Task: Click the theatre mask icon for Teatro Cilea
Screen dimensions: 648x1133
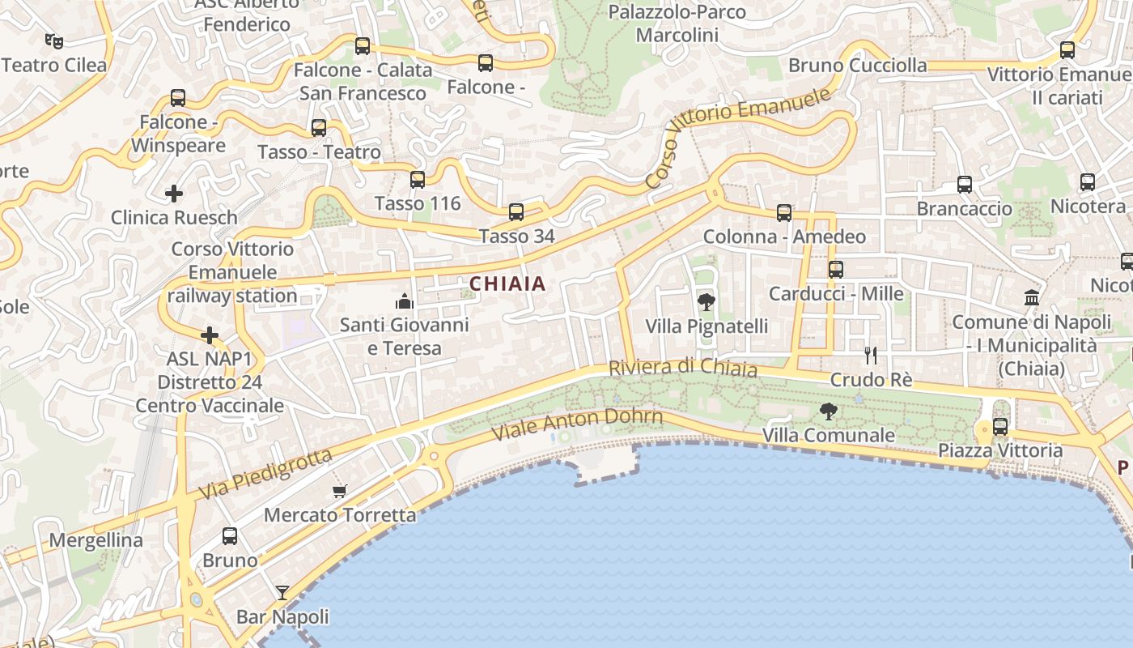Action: pyautogui.click(x=54, y=39)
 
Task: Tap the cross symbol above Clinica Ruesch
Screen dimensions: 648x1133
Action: pyautogui.click(x=173, y=194)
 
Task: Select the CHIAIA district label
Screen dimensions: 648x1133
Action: pyautogui.click(x=507, y=284)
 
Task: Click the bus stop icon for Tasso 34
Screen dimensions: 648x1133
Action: pyautogui.click(x=516, y=212)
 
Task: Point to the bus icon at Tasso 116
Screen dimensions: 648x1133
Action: pyautogui.click(x=418, y=180)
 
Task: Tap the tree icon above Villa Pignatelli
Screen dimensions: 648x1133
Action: pyautogui.click(x=706, y=302)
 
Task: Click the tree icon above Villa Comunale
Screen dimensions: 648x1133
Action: pyautogui.click(x=828, y=411)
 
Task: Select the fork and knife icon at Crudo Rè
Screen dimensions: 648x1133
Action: pyautogui.click(x=871, y=355)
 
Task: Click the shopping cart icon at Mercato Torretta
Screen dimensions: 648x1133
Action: pyautogui.click(x=340, y=491)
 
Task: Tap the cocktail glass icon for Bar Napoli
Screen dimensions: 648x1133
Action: pyautogui.click(x=282, y=593)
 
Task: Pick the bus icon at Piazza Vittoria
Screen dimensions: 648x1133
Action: pyautogui.click(x=1000, y=426)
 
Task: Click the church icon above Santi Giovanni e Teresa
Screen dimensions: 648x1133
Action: pyautogui.click(x=404, y=301)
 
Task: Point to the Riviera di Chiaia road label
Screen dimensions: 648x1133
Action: pyautogui.click(x=682, y=368)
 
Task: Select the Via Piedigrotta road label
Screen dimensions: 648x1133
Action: pyautogui.click(x=265, y=474)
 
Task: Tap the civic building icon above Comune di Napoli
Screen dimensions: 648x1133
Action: pyautogui.click(x=1032, y=297)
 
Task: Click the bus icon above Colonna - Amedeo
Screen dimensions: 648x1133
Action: pyautogui.click(x=784, y=213)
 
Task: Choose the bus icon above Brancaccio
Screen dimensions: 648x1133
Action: pyautogui.click(x=965, y=185)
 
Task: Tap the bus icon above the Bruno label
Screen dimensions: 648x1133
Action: pyautogui.click(x=230, y=535)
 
